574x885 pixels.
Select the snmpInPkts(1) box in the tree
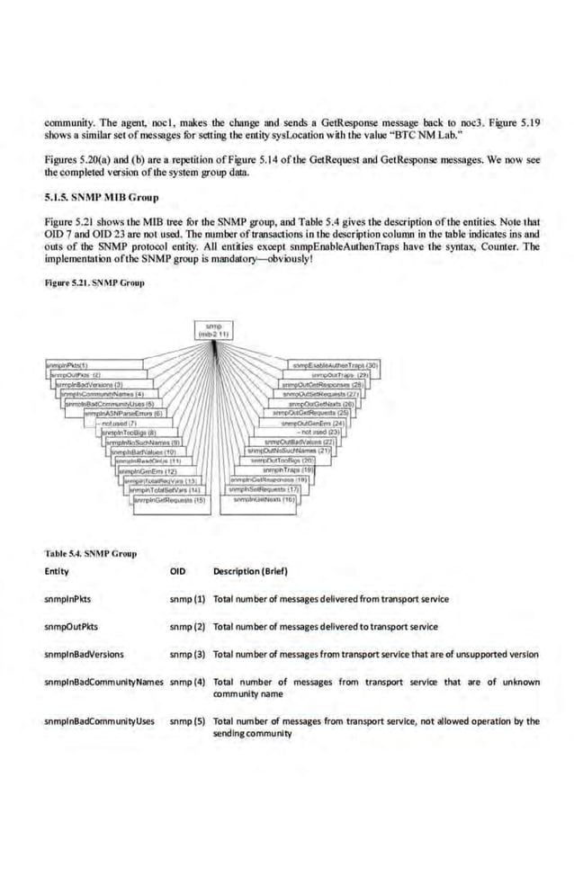(x=61, y=366)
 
